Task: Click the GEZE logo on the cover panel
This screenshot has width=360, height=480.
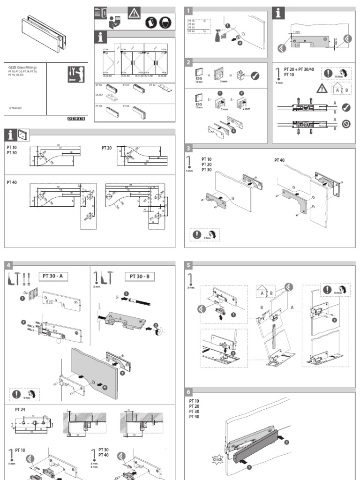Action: (75, 119)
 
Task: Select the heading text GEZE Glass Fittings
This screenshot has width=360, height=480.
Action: (22, 67)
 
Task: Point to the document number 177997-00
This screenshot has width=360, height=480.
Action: (15, 108)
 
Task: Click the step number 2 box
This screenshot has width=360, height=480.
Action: (189, 63)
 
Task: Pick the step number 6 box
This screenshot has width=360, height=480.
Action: (189, 393)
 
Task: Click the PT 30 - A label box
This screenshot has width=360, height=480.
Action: (53, 276)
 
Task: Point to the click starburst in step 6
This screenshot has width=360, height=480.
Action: (217, 459)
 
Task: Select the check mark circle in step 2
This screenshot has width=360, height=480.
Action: (255, 75)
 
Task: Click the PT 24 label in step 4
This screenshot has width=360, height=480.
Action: (20, 409)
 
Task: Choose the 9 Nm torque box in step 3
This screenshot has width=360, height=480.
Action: (204, 235)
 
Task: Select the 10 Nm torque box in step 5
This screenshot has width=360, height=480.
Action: (334, 289)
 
